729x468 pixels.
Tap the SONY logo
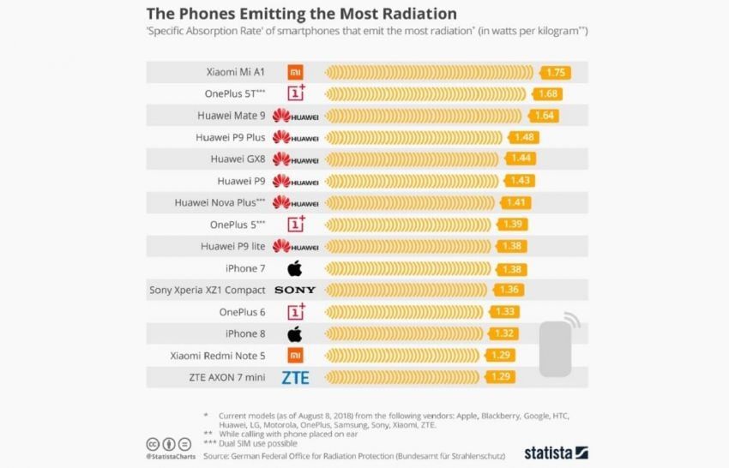[295, 291]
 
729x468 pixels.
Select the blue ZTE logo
[295, 377]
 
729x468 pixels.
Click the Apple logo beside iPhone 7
[295, 268]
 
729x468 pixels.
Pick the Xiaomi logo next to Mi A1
[295, 72]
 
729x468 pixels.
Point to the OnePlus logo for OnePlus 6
[295, 312]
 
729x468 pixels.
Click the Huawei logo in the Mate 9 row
[295, 116]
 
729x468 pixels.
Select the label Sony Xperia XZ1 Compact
[207, 291]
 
